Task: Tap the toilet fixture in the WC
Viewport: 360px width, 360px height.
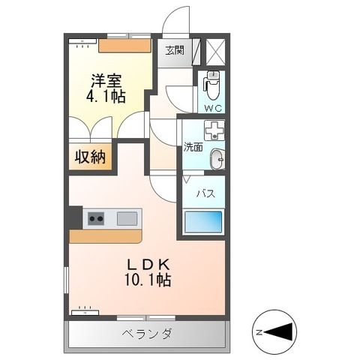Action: tap(211, 85)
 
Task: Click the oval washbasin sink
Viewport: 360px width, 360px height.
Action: tap(216, 159)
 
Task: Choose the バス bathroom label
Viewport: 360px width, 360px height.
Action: tap(205, 193)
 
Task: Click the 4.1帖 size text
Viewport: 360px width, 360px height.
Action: tap(106, 97)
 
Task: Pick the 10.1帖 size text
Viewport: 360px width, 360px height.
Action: tap(146, 281)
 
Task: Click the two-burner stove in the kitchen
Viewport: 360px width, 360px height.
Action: tap(96, 218)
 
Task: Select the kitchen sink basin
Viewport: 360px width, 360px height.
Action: tap(126, 218)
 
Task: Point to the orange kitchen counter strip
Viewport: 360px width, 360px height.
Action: tap(105, 235)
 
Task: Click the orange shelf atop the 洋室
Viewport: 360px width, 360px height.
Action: tap(124, 44)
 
